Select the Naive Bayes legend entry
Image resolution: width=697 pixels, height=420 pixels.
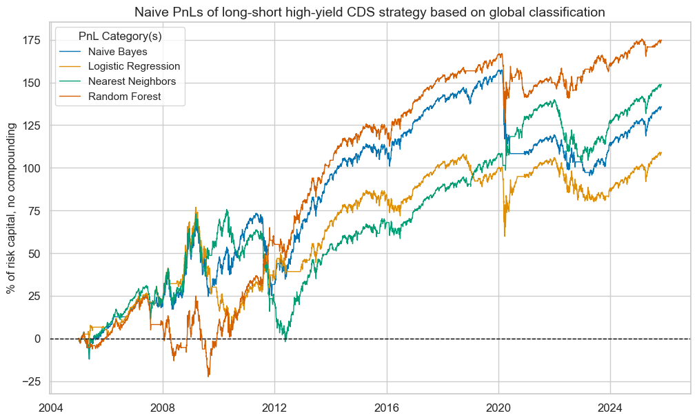[x=117, y=52]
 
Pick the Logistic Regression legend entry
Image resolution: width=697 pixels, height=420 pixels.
[x=134, y=66]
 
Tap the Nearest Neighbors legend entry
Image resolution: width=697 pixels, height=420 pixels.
[x=132, y=81]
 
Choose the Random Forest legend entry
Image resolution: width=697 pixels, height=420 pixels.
[x=124, y=96]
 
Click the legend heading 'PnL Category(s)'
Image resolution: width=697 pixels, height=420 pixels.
[x=121, y=35]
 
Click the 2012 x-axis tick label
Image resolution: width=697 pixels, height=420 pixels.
[x=274, y=406]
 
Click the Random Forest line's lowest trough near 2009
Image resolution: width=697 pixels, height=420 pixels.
[x=208, y=376]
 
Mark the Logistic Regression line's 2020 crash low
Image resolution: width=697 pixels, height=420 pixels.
[x=505, y=236]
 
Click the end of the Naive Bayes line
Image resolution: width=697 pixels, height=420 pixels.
[x=661, y=107]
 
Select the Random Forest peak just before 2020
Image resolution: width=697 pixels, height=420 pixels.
[x=501, y=54]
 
